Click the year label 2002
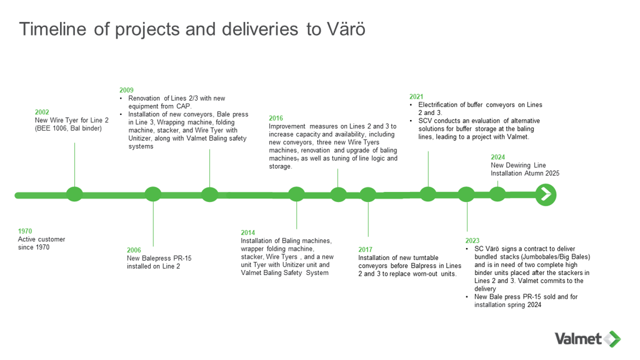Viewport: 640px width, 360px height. tap(41, 112)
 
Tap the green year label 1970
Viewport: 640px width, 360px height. tap(25, 231)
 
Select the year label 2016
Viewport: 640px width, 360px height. tap(276, 118)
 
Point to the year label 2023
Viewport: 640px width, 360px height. tap(472, 241)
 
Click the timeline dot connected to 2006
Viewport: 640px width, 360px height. tap(153, 194)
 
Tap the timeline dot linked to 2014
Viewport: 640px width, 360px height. tap(296, 194)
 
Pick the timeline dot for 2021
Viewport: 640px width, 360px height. tap(428, 194)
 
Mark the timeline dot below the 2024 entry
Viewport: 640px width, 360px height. tap(497, 194)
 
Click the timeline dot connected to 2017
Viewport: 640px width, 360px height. tap(368, 194)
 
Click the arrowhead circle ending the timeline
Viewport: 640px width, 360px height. tap(546, 194)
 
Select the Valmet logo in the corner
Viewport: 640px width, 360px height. tap(587, 339)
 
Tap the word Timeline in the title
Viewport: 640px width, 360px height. tap(54, 29)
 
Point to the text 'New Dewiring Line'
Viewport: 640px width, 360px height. tap(517, 166)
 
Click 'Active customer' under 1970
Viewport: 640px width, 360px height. tap(41, 239)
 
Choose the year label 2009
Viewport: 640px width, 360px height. tap(126, 91)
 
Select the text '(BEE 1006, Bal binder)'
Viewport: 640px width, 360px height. tap(68, 128)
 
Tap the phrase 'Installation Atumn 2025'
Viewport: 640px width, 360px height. tap(524, 173)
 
